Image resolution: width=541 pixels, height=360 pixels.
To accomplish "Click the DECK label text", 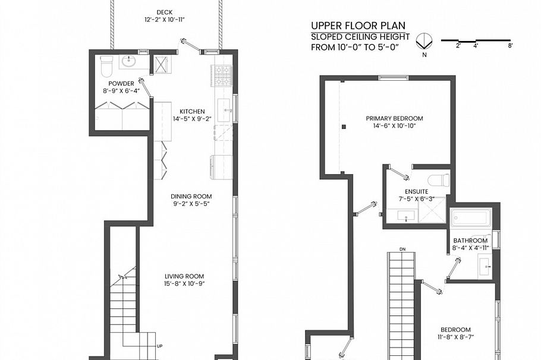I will pos(164,12).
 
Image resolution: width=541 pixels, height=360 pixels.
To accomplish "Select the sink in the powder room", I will pos(128,61).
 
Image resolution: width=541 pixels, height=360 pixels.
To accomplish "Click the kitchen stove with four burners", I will pos(222,75).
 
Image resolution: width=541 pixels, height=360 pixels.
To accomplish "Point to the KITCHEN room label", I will pos(192,111).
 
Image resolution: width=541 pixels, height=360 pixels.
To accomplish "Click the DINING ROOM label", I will pos(191,197).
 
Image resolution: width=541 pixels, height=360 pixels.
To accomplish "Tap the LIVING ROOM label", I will pos(184,276).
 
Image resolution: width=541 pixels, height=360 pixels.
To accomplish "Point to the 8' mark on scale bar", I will pos(510,46).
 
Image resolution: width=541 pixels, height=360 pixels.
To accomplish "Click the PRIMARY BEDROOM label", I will pos(394,118).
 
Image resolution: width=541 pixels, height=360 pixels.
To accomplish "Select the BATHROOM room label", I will pos(470,241).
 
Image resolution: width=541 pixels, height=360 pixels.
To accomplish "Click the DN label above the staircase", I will pos(402,248).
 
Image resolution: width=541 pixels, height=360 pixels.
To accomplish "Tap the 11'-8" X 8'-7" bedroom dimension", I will pos(455,337).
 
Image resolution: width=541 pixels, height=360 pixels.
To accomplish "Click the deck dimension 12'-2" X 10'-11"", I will pos(164,20).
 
